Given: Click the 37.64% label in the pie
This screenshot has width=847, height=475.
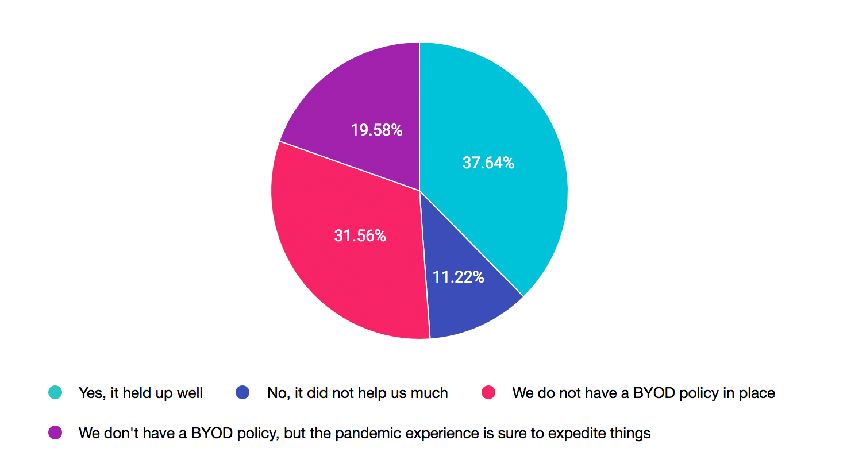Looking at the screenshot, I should click(x=488, y=163).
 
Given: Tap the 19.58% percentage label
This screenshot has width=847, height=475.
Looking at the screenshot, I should click(x=376, y=130).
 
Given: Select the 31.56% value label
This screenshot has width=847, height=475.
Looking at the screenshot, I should click(x=360, y=235).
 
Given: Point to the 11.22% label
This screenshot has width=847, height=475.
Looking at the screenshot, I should click(x=458, y=277).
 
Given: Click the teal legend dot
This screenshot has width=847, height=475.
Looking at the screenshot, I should click(x=55, y=393).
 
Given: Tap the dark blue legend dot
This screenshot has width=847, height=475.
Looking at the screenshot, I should click(x=242, y=393).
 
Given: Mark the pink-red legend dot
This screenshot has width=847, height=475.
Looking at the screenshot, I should click(x=488, y=393).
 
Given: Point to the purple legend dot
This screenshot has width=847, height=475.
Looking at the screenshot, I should click(x=55, y=432).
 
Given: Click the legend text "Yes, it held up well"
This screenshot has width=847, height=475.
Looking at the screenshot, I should click(x=140, y=393).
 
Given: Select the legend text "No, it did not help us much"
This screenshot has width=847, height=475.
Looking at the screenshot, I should click(x=357, y=393).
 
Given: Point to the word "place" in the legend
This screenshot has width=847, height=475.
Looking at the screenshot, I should click(x=757, y=393).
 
